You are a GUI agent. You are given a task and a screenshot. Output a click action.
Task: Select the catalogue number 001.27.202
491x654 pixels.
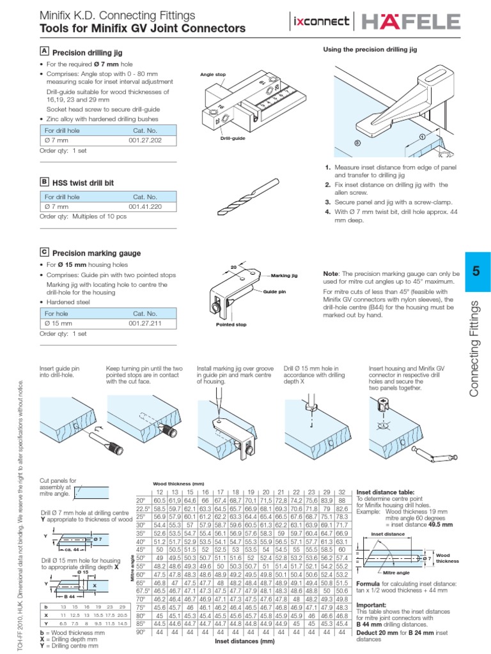pos(145,139)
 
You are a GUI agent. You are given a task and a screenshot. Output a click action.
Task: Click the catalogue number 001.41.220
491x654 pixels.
pos(145,207)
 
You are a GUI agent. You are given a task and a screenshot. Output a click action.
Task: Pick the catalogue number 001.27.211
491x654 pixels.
pos(145,324)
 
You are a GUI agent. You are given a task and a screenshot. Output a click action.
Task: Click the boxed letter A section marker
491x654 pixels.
pos(44,50)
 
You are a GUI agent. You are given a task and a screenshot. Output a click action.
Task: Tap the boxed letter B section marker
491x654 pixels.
pos(44,182)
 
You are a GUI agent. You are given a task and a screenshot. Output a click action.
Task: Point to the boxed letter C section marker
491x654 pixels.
pos(44,252)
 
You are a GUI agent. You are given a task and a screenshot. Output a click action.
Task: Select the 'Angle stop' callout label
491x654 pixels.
pos(214,75)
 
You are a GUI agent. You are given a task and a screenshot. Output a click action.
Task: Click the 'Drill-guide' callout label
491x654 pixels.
pos(215,137)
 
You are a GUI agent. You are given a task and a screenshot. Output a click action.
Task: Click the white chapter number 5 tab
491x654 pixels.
pos(475,271)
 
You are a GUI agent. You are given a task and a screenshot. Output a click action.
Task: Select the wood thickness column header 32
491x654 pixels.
pos(342,491)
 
